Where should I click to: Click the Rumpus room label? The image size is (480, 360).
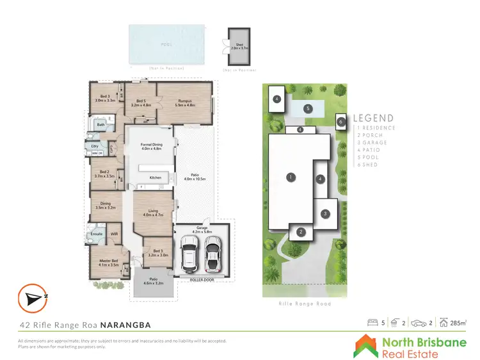point(185,102)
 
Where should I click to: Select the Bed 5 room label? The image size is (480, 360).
point(140,102)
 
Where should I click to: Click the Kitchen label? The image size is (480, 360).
point(156,177)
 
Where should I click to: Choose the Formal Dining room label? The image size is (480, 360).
point(152,147)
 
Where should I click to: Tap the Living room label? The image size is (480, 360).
point(154,213)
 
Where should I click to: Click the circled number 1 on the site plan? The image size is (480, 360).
point(291,177)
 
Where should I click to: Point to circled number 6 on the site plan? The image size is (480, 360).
point(341,121)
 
